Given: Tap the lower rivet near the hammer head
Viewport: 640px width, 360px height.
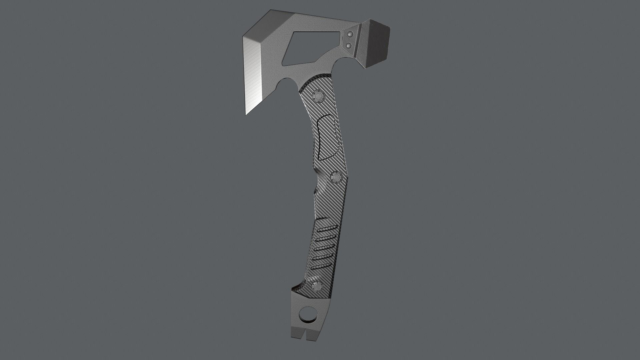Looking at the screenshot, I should [x=349, y=45].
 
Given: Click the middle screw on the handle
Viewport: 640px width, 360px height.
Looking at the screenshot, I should [x=336, y=177].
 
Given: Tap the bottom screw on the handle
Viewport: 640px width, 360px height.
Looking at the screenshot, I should [x=317, y=286].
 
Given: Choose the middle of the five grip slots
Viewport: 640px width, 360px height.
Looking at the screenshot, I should [x=323, y=248].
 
